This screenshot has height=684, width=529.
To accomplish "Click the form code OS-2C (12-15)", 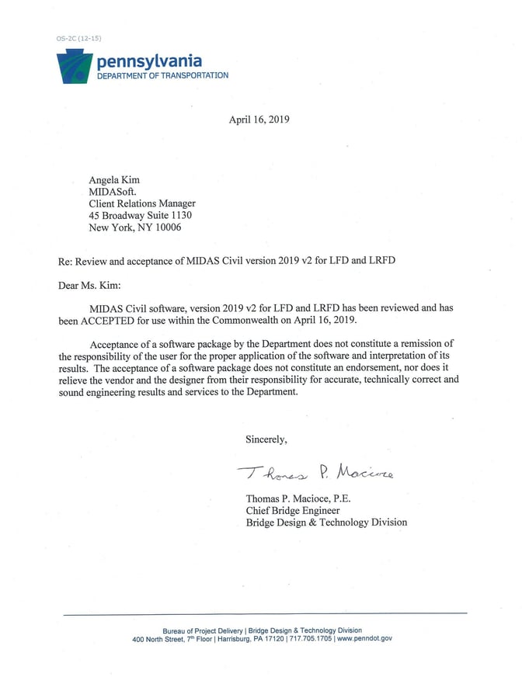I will coord(78,38).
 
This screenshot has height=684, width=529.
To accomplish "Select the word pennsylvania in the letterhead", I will coord(148,61).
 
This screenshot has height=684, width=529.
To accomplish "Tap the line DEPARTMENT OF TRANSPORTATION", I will coord(162,75).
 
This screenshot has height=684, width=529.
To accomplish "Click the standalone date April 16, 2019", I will coord(259,120).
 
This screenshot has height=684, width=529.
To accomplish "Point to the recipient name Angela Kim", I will coord(114,180).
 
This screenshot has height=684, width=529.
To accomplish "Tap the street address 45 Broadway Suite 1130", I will coord(140,215).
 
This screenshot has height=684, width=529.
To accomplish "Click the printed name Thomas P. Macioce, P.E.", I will coord(298,498).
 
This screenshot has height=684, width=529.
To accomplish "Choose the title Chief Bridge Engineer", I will coord(292,510).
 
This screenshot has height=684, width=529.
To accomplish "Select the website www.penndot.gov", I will coord(365,638).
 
